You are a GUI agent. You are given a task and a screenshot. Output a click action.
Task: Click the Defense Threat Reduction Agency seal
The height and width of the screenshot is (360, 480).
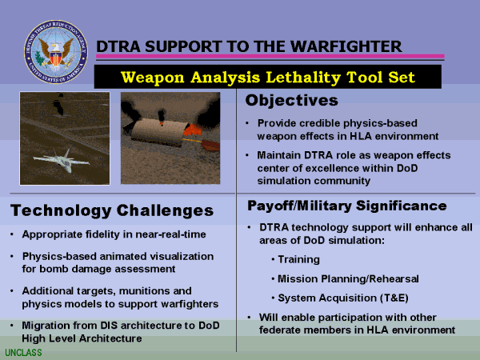coord(56,52)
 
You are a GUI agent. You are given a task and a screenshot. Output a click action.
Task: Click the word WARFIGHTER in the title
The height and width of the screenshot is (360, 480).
coord(346,46)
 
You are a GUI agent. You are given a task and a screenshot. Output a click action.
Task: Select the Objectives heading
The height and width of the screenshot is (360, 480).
coord(292,101)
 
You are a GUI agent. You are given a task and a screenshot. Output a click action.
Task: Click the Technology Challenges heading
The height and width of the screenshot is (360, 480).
coord(112,211)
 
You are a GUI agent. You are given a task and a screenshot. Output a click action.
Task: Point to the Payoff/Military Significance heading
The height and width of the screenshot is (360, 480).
coord(347,206)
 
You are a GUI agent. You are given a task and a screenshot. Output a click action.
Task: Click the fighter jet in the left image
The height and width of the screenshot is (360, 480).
coord(62,160)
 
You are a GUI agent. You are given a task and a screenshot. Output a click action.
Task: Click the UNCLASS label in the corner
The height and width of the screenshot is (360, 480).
coord(23,353)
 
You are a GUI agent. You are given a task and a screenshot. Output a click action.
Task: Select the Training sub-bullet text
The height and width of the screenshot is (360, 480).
coord(298,259)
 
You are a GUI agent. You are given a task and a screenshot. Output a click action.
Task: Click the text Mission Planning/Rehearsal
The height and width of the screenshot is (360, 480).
coord(348,279)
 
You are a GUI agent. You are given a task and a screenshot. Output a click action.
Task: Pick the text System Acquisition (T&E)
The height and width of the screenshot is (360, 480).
coord(343,298)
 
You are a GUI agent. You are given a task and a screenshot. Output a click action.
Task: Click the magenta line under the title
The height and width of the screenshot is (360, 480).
coord(270,56)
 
